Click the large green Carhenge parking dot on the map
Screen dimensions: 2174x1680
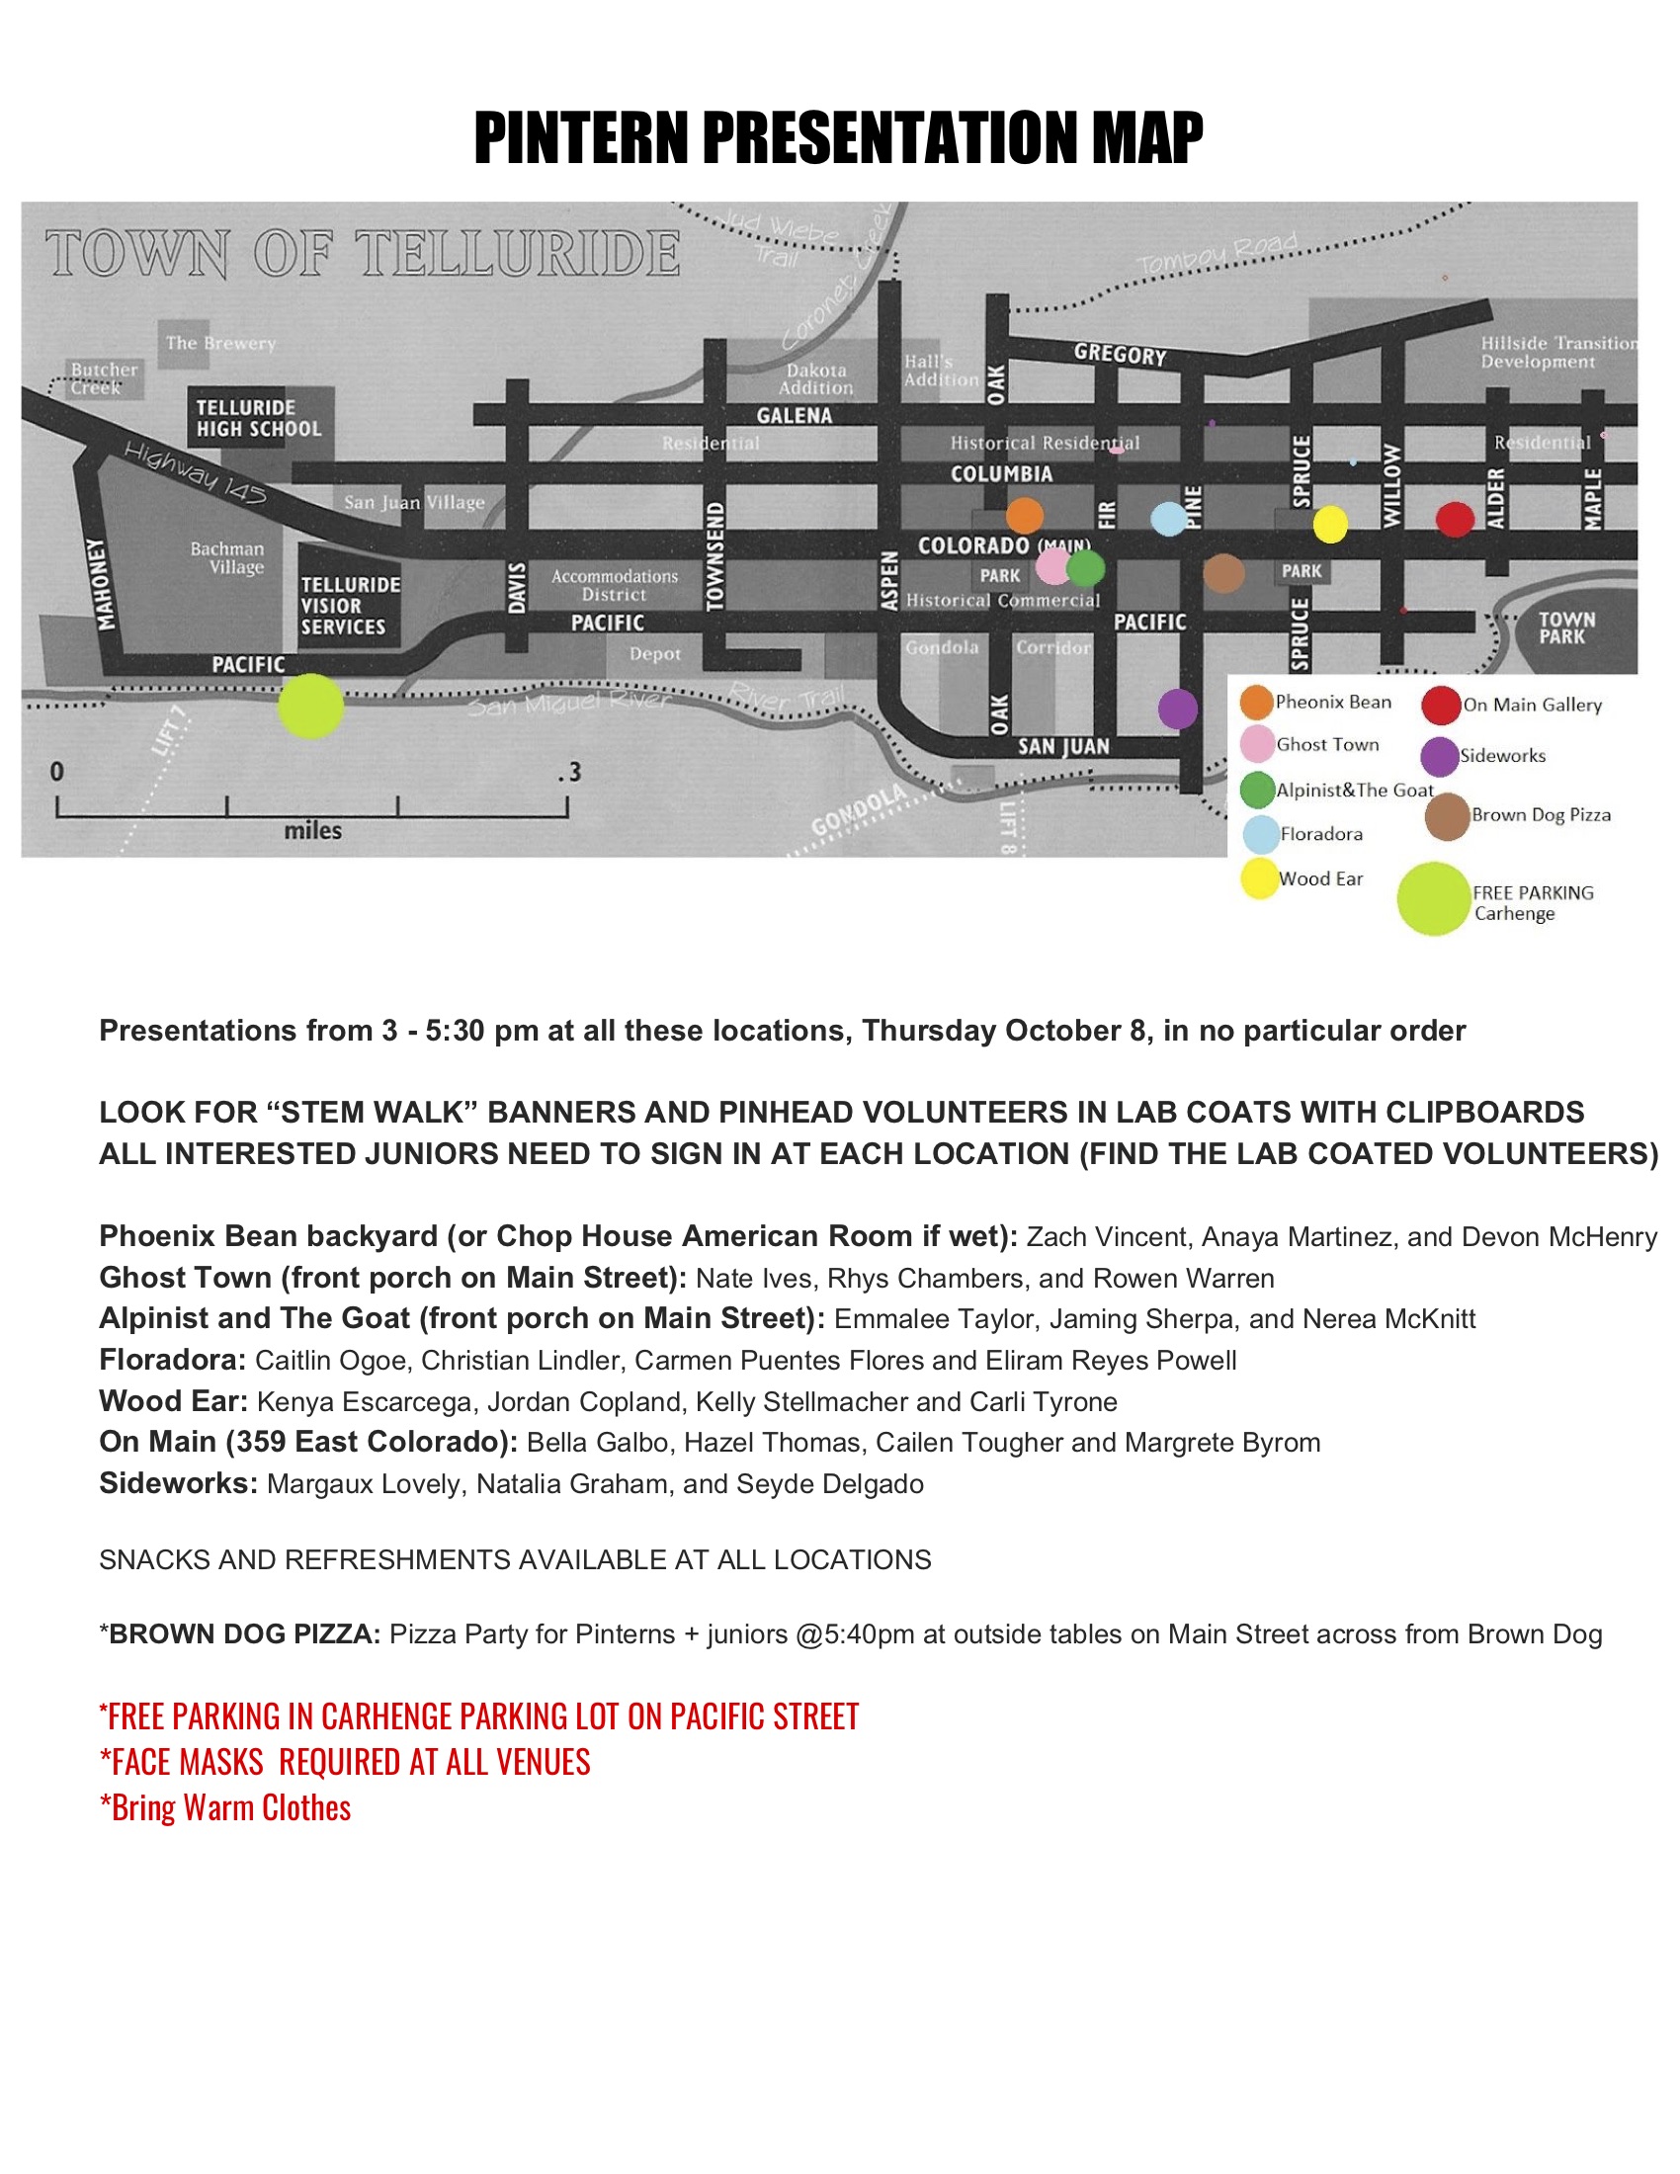click(310, 706)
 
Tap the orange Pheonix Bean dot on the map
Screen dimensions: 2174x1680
click(1024, 516)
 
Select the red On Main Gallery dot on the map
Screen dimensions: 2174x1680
click(1454, 519)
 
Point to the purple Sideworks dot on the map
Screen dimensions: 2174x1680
click(1177, 709)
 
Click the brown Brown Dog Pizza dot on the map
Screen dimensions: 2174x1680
click(1223, 573)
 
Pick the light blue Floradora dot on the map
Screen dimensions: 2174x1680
click(1168, 518)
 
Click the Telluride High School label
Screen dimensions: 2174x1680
click(259, 418)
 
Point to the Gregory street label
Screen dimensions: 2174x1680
click(1120, 355)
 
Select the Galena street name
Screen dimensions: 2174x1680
click(794, 415)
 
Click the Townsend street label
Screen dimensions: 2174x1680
click(714, 555)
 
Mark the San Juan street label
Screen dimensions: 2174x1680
click(1063, 746)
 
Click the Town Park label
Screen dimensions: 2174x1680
click(1565, 627)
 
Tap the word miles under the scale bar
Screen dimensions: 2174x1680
click(312, 830)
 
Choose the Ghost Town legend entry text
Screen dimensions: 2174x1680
click(1326, 744)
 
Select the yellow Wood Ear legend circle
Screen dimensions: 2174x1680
click(1259, 878)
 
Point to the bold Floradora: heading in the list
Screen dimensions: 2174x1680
click(172, 1360)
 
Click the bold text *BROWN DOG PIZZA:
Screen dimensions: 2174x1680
click(239, 1633)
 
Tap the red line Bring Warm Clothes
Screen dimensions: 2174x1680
click(225, 1807)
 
